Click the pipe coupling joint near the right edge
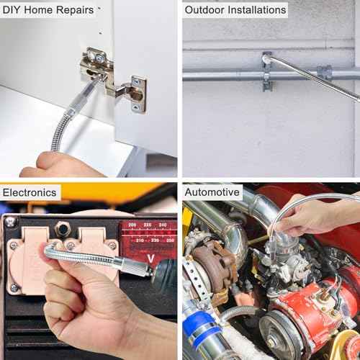(325, 72)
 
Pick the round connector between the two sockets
(63, 229)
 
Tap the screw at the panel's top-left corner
(10, 222)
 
